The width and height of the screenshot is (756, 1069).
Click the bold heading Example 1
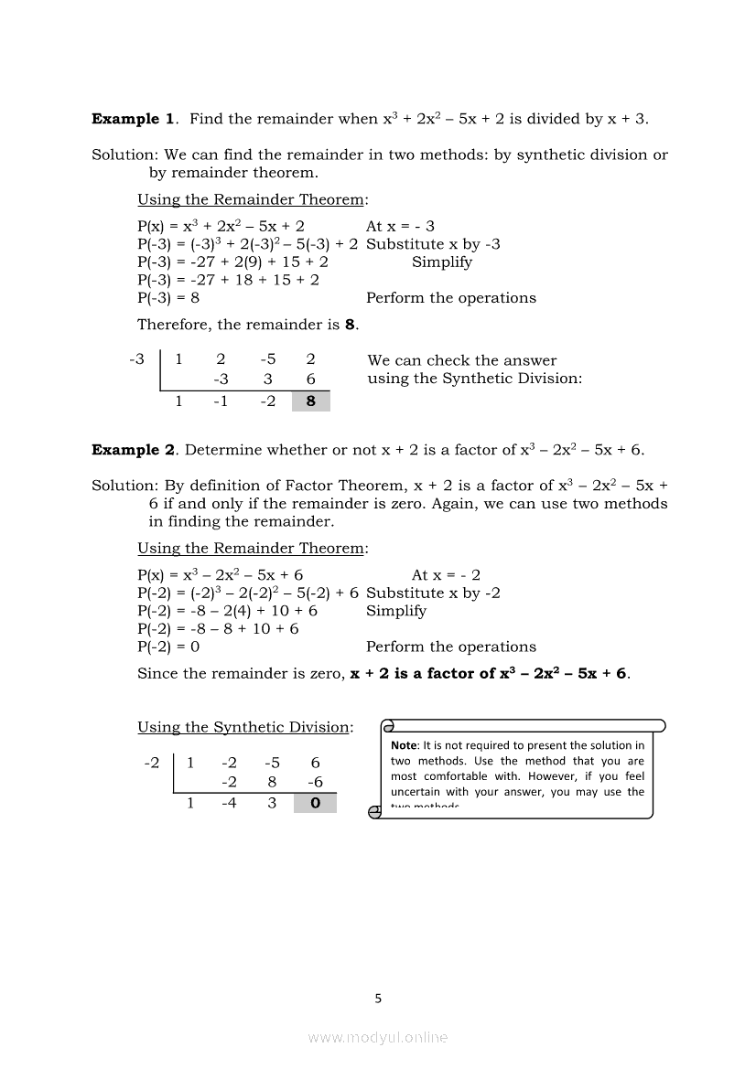click(x=133, y=119)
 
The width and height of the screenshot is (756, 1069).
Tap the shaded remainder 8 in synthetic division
click(x=311, y=401)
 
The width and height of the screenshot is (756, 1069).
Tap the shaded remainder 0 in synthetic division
click(x=316, y=803)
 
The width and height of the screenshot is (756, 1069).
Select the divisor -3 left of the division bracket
click(x=137, y=360)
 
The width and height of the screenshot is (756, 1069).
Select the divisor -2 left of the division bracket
click(x=152, y=763)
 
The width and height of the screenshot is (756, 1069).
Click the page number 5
click(x=378, y=999)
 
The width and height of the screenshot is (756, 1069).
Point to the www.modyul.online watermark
click(x=378, y=1037)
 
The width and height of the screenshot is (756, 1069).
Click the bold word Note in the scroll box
click(x=404, y=746)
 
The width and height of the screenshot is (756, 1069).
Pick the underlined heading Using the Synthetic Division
click(x=244, y=727)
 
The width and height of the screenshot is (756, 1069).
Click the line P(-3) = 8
click(x=168, y=298)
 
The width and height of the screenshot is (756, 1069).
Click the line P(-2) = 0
click(x=168, y=647)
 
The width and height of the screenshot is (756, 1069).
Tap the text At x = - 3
click(x=400, y=226)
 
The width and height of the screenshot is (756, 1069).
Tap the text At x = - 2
click(x=446, y=575)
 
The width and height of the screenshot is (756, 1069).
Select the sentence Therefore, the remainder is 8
click(x=248, y=325)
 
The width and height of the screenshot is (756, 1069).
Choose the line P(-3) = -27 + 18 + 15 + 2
click(x=228, y=280)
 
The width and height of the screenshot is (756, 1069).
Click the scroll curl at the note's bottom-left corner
click(x=374, y=812)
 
